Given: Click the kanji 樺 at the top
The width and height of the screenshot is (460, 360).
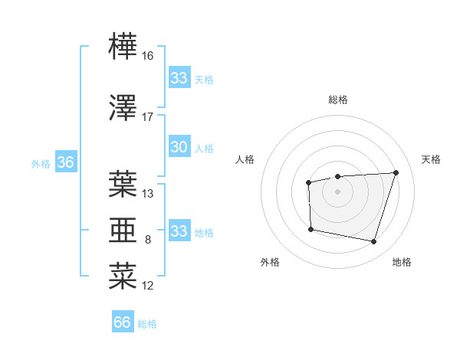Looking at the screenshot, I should (x=123, y=47).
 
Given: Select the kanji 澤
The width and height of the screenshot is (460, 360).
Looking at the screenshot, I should (x=123, y=107).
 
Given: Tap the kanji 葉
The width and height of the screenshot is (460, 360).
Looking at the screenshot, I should (x=123, y=184).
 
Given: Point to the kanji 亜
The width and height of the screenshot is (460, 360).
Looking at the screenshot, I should (x=123, y=230).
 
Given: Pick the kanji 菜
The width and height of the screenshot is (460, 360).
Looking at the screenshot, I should (x=123, y=276).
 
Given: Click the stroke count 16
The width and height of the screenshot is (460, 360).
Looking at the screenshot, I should (x=147, y=56).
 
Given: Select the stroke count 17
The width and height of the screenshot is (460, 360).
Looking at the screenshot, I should (x=147, y=117).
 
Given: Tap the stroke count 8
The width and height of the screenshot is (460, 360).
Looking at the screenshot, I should (x=147, y=240).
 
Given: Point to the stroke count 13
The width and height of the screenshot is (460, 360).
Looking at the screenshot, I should (x=147, y=194).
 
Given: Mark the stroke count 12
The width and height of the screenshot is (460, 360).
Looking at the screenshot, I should (x=147, y=286).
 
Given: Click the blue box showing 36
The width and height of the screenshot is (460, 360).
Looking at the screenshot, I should (x=65, y=162).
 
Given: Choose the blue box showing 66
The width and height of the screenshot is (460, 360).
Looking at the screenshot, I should (x=123, y=322).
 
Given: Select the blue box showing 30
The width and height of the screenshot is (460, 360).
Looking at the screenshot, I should (x=179, y=147).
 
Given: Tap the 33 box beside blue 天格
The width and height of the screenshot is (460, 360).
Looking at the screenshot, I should (x=179, y=78).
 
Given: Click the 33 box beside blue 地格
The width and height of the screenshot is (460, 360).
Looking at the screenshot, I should (x=179, y=231).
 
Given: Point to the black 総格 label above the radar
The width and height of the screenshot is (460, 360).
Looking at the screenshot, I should (x=338, y=100).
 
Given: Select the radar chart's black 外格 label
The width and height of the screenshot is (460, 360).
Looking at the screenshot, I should (x=270, y=262).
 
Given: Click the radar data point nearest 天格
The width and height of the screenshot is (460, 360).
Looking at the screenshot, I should (x=396, y=172).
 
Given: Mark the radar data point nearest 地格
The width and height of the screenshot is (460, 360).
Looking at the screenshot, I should (x=373, y=242).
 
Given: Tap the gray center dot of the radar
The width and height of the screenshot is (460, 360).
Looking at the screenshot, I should (x=338, y=191).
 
